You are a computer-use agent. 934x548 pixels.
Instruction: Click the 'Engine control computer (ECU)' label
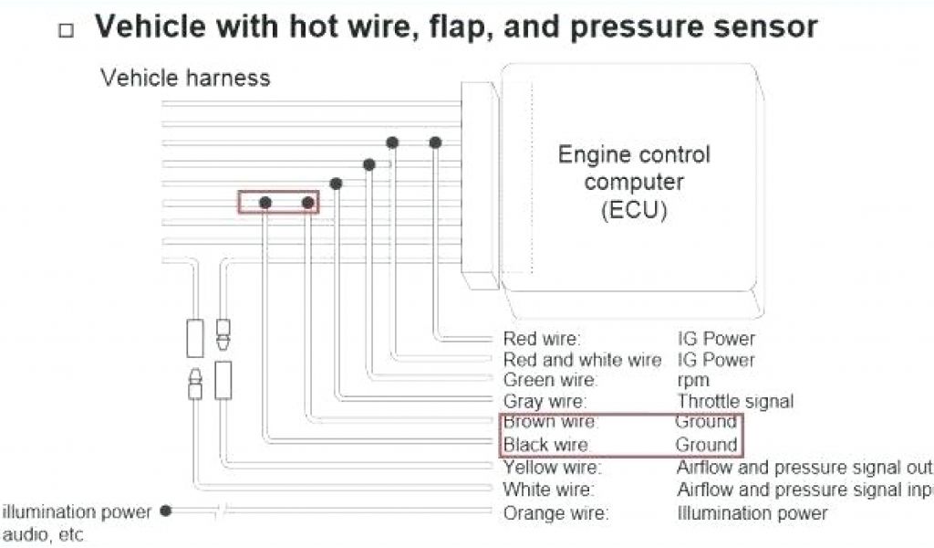coord(634,182)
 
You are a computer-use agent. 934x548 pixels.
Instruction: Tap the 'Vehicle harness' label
coord(185,78)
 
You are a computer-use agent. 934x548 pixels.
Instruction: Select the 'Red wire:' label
coord(542,339)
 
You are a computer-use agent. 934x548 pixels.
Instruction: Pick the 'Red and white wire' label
coord(582,360)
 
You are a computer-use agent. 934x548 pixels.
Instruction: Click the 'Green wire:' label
coord(550,380)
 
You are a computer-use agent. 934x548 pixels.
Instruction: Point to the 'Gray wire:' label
coord(545,401)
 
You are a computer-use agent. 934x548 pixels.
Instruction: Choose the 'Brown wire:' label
coord(550,422)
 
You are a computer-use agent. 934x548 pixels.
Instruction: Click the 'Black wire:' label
coord(546,445)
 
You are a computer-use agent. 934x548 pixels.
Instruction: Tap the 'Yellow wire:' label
coord(553,468)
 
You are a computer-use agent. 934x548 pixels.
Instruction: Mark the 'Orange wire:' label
coord(555,513)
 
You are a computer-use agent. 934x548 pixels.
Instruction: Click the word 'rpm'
coord(693,380)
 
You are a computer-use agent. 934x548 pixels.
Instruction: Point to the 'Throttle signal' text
coord(735,401)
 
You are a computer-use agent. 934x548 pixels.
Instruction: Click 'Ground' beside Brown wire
coord(706,422)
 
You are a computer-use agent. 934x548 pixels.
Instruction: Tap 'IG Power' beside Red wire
coord(716,339)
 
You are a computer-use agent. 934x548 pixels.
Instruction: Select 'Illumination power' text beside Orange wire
coord(752,513)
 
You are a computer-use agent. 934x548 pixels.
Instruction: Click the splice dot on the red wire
coord(435,142)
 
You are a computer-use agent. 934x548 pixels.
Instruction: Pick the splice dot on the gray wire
coord(337,184)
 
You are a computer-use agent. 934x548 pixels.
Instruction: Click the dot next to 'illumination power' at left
coord(165,511)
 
